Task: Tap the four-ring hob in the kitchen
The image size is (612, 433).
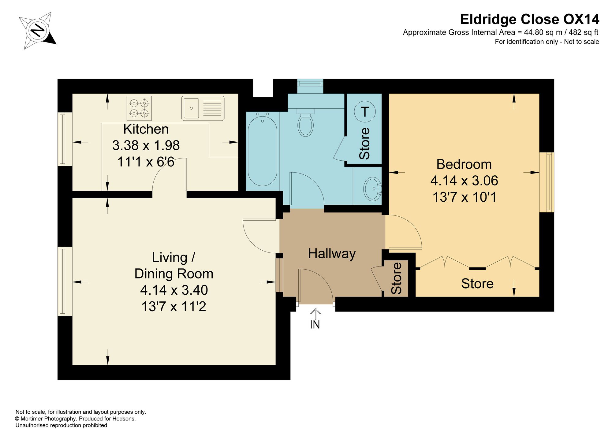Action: point(139,108)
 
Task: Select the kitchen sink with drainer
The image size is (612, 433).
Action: point(203,108)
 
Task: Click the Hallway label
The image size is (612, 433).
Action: point(332,254)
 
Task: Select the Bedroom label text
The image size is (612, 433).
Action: point(464,164)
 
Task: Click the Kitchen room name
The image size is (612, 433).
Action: point(146,129)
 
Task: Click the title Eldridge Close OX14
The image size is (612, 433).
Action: point(530,19)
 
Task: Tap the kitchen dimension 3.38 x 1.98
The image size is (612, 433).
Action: point(146,145)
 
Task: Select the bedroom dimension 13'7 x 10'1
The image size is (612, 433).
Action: point(464,197)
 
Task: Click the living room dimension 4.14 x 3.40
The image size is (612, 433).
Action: point(174,290)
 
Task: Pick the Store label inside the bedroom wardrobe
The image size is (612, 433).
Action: point(477,284)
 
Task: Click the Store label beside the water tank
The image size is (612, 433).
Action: point(364,144)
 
